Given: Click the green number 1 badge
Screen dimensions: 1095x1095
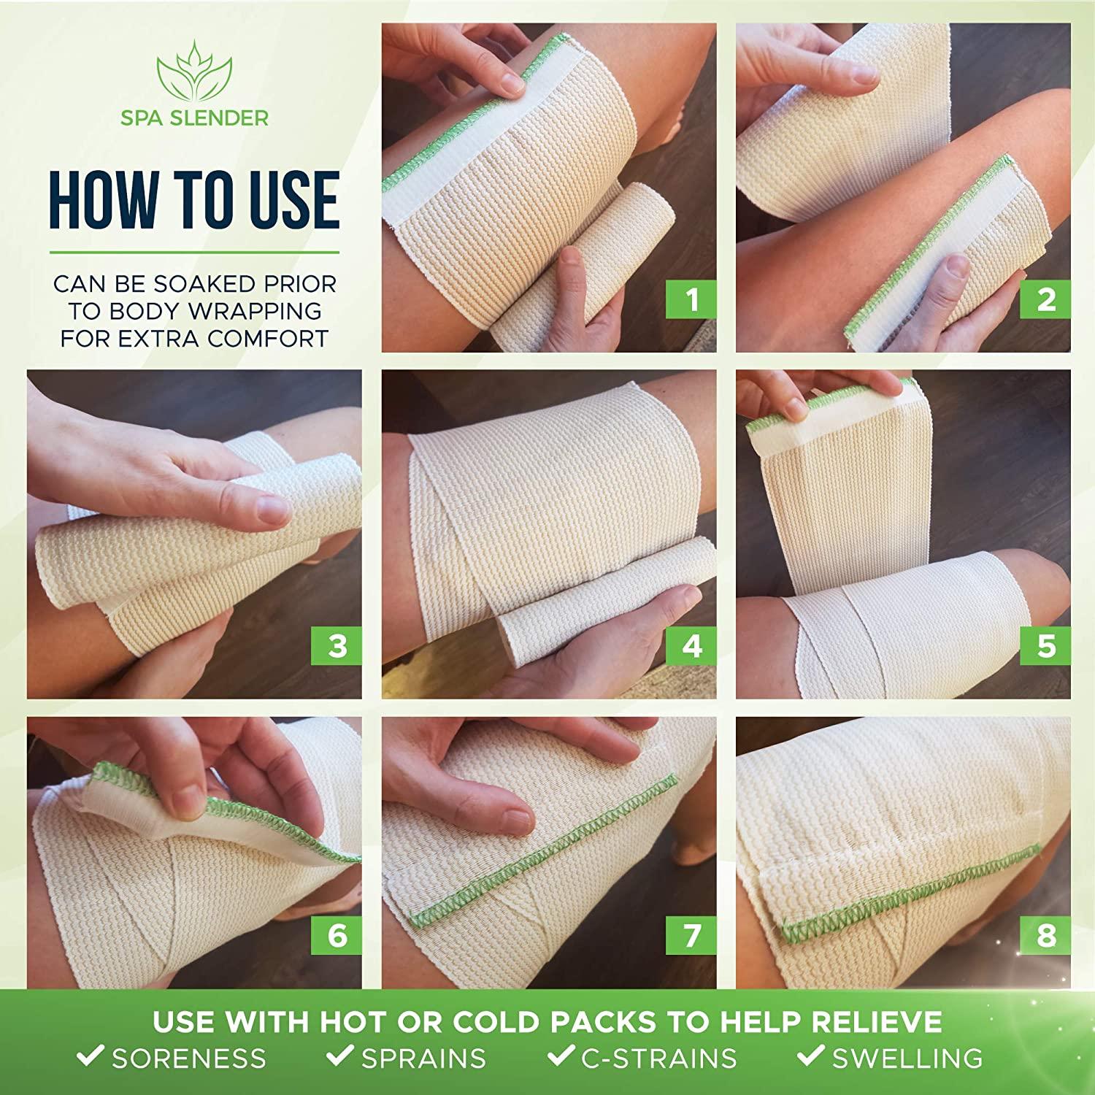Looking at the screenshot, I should [x=691, y=300].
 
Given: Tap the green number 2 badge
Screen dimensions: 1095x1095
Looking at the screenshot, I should [x=1046, y=300].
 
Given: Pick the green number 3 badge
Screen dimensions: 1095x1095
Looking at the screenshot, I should [x=337, y=647].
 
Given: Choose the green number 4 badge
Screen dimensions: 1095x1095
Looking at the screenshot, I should [x=691, y=647].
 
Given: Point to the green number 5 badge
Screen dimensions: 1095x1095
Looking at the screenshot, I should [x=1046, y=647].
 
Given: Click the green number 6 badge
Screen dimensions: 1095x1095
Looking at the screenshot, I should [x=337, y=935].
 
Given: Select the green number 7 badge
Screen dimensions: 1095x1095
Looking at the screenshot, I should [x=691, y=935].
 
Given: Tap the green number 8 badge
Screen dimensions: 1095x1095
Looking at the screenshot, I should [x=1046, y=935].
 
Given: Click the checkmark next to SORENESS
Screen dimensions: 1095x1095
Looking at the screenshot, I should [x=91, y=1056].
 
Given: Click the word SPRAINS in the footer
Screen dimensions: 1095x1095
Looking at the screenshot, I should [x=423, y=1058].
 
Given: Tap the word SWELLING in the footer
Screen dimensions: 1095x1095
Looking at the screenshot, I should [x=907, y=1058].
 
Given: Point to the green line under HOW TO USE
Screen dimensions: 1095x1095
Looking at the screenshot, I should [x=194, y=253].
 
